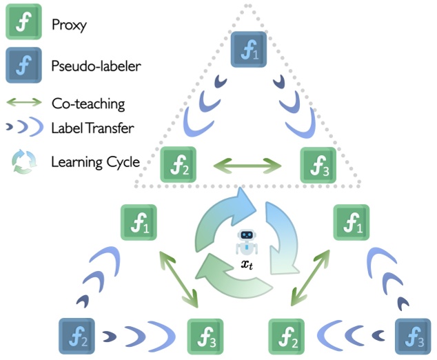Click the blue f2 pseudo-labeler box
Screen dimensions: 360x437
[76, 336]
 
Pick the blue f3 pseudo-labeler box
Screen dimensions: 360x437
[412, 336]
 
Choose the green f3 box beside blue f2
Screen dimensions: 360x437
[205, 336]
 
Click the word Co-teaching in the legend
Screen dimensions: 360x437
[88, 104]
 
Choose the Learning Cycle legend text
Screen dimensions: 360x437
[95, 163]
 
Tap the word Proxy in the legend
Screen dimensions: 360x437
[67, 26]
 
